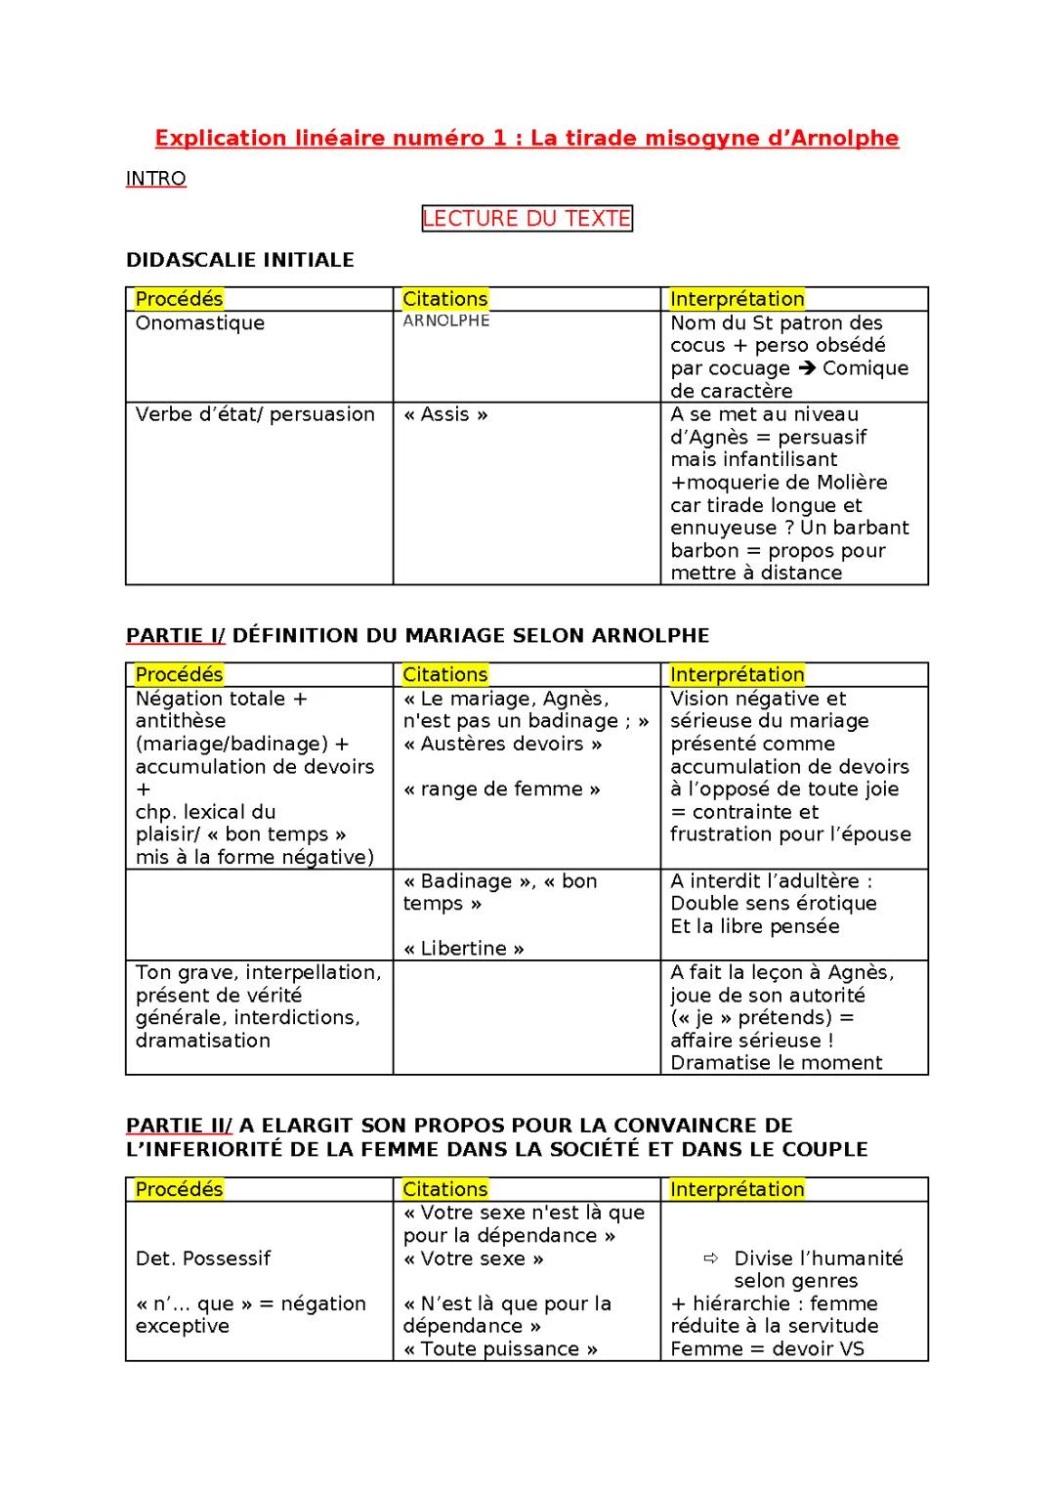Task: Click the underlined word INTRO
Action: (156, 179)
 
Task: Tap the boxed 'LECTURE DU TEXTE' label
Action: (527, 218)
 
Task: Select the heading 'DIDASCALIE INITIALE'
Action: (240, 260)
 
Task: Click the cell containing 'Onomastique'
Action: (200, 323)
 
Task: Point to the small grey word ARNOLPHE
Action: (446, 320)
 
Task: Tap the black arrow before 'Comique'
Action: (806, 368)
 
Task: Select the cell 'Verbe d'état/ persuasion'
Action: (255, 414)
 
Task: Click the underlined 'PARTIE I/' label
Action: (175, 636)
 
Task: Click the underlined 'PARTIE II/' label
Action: (179, 1126)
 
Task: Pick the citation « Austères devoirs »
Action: (503, 744)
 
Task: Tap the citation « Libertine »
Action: (464, 949)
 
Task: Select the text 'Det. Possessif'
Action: (203, 1258)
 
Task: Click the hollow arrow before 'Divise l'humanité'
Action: (712, 1258)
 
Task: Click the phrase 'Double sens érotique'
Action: (774, 904)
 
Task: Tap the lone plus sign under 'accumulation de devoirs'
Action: (143, 789)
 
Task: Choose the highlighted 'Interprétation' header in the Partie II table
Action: (738, 1189)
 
